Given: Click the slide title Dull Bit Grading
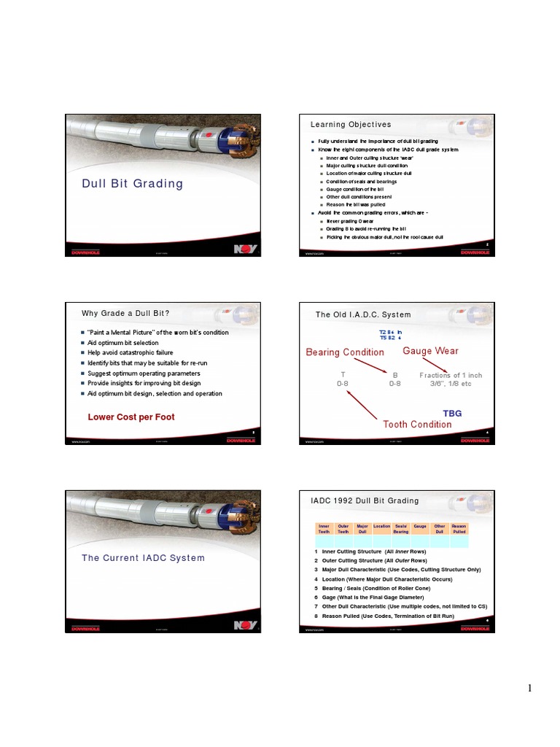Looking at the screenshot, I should click(132, 183).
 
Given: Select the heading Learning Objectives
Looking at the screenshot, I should click(351, 125).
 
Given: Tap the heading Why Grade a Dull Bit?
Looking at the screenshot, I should click(125, 314).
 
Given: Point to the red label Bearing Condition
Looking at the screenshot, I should click(345, 352).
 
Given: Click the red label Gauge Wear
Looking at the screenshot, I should click(431, 351).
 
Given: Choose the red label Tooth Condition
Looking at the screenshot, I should click(417, 424).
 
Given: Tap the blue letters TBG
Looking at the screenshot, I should click(452, 413).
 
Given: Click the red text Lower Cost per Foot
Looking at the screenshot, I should click(131, 417).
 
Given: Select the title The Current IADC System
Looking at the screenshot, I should click(143, 557).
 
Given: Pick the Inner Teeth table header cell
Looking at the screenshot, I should click(324, 528).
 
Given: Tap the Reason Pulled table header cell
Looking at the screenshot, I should click(459, 528).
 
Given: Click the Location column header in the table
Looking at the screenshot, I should click(381, 525).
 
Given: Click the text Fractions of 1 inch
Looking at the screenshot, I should click(451, 375).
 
